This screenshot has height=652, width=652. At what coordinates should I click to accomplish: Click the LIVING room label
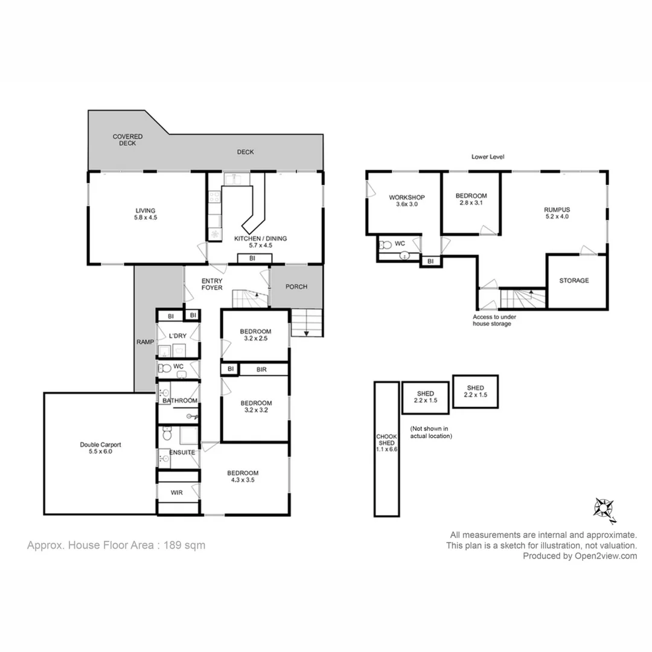(x=145, y=210)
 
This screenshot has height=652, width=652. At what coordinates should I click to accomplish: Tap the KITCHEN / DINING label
(x=260, y=238)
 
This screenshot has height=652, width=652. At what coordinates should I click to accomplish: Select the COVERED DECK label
(x=127, y=140)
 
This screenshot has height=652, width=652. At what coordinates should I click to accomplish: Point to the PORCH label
(x=296, y=287)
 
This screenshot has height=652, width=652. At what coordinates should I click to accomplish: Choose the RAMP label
(x=145, y=342)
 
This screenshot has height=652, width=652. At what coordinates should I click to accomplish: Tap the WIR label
(x=176, y=493)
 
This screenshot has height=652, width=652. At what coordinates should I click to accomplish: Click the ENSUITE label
(x=181, y=452)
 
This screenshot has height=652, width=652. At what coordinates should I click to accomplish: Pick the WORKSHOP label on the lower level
(x=407, y=197)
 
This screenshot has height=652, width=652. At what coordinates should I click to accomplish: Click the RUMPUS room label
(x=556, y=209)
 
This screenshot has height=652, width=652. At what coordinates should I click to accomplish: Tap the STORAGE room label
(x=574, y=281)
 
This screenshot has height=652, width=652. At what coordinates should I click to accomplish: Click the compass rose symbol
(x=604, y=509)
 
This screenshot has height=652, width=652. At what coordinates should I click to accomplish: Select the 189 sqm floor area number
(x=185, y=545)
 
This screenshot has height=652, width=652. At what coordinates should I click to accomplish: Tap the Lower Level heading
(x=488, y=157)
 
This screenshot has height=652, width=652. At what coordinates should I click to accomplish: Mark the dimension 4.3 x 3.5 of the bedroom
(x=243, y=481)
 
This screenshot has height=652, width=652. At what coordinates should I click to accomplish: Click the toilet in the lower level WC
(x=385, y=245)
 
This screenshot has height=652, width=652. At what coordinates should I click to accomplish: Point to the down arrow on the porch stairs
(x=306, y=331)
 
